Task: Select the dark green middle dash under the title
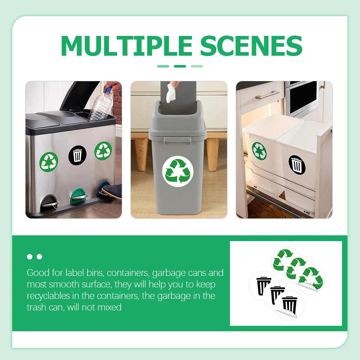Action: tap(180, 66)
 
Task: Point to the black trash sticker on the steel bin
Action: tap(78, 155)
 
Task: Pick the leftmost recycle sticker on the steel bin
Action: tap(49, 161)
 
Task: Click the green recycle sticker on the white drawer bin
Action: tap(259, 151)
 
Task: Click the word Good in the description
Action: tap(38, 273)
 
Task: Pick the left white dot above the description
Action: tap(30, 257)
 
